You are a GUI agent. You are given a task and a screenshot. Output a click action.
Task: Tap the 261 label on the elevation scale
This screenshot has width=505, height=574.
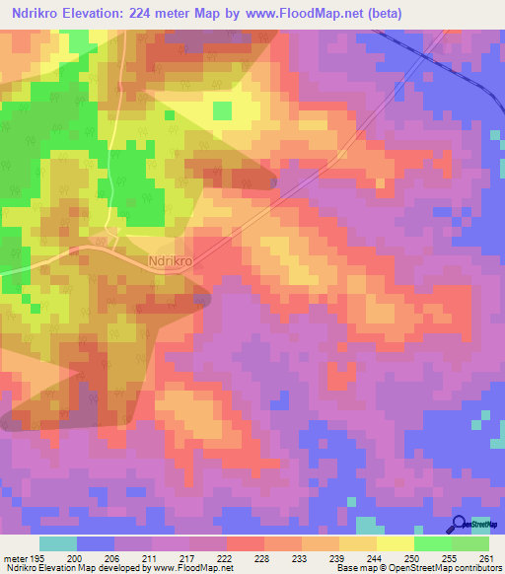click(486, 557)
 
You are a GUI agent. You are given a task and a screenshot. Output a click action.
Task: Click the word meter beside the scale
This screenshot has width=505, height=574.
click(15, 557)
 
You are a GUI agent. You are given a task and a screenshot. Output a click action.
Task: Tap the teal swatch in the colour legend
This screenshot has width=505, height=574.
click(58, 543)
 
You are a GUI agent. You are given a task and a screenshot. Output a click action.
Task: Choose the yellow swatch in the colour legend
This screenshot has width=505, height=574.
click(395, 543)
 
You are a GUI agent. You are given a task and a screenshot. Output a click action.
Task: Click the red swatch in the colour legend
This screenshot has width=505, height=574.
click(245, 543)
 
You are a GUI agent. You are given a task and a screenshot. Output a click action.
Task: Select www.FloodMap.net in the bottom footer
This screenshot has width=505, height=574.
click(194, 568)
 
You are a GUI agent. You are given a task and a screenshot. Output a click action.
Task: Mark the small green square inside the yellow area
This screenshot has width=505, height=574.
click(222, 108)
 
